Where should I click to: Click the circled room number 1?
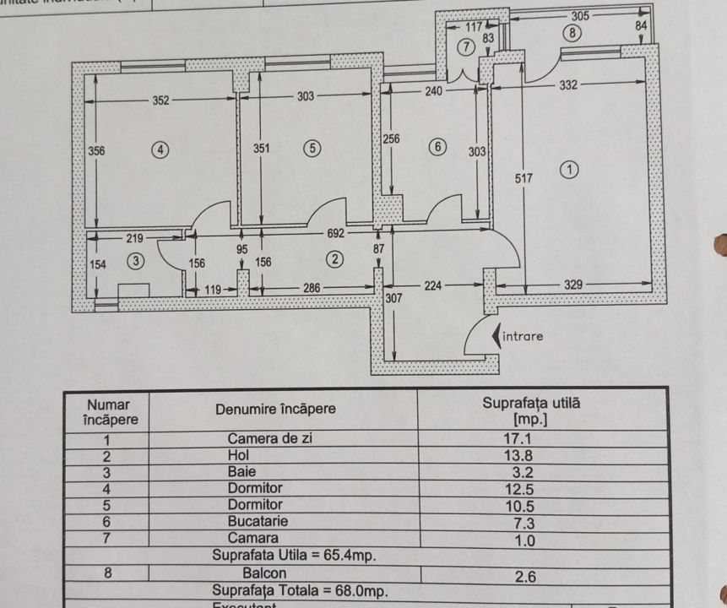tap(570, 169)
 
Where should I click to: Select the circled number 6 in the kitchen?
tap(437, 146)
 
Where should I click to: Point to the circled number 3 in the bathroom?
tap(137, 263)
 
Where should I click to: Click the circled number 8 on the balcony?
tap(573, 34)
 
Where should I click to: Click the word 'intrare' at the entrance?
tap(524, 335)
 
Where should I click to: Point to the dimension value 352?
tap(160, 100)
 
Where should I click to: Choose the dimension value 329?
tap(573, 285)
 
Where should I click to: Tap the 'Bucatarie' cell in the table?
tap(255, 521)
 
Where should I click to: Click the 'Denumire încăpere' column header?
tap(275, 410)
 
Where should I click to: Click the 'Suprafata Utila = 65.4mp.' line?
tap(294, 556)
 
